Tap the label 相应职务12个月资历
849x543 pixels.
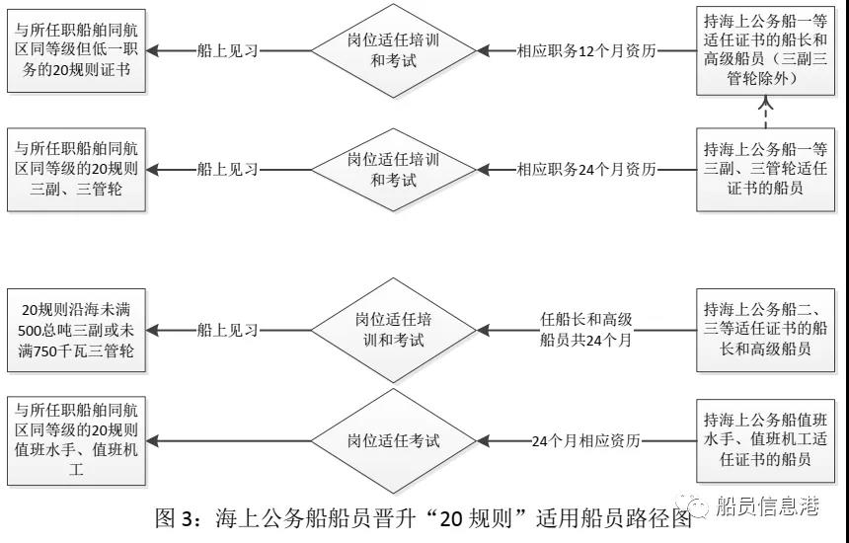pyautogui.click(x=586, y=50)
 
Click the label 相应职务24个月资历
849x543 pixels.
pyautogui.click(x=586, y=169)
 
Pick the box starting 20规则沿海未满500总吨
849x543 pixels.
pyautogui.click(x=77, y=332)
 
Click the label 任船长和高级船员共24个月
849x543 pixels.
pyautogui.click(x=586, y=330)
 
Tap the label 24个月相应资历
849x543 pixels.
pyautogui.click(x=586, y=440)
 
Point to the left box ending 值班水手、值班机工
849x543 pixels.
pyautogui.click(x=77, y=438)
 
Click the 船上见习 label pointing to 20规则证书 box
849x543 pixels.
pyautogui.click(x=227, y=50)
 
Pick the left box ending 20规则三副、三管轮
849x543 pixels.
pyautogui.click(x=77, y=169)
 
